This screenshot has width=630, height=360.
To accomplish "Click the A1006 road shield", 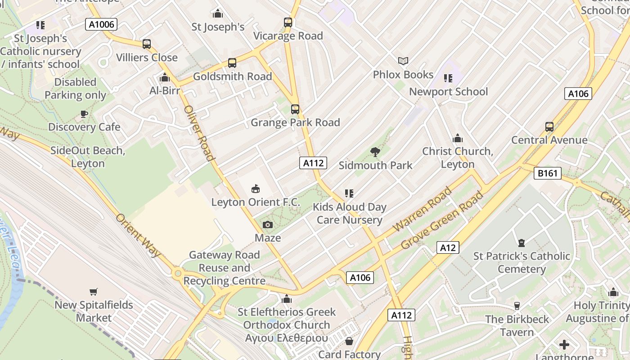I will pyautogui.click(x=101, y=24).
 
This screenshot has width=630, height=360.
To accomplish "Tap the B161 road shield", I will pyautogui.click(x=548, y=173).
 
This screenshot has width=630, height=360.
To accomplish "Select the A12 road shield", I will pyautogui.click(x=448, y=247).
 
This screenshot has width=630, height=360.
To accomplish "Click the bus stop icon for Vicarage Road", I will pyautogui.click(x=288, y=22).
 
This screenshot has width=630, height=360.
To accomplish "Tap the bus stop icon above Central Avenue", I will pyautogui.click(x=549, y=126).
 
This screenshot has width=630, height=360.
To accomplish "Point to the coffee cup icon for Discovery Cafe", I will pyautogui.click(x=84, y=114).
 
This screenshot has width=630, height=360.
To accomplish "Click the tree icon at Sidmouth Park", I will pyautogui.click(x=375, y=152).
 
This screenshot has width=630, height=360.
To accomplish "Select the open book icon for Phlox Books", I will pyautogui.click(x=403, y=61).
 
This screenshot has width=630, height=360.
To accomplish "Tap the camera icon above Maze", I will pyautogui.click(x=268, y=225).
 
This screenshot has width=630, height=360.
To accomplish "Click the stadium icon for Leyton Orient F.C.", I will pyautogui.click(x=256, y=189).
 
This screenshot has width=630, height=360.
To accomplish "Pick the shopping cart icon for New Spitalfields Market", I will pyautogui.click(x=94, y=292).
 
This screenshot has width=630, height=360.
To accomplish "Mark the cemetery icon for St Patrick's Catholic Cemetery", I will pyautogui.click(x=521, y=243).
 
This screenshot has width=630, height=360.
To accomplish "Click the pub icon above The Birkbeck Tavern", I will pyautogui.click(x=517, y=306).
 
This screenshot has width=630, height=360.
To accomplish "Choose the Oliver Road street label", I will pyautogui.click(x=198, y=133).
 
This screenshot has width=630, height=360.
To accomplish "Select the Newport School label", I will pyautogui.click(x=448, y=92).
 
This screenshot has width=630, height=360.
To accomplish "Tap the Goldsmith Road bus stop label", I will pyautogui.click(x=232, y=76).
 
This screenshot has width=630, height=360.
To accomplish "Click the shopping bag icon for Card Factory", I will pyautogui.click(x=349, y=342).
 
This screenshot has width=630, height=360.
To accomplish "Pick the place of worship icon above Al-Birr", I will pyautogui.click(x=165, y=77).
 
